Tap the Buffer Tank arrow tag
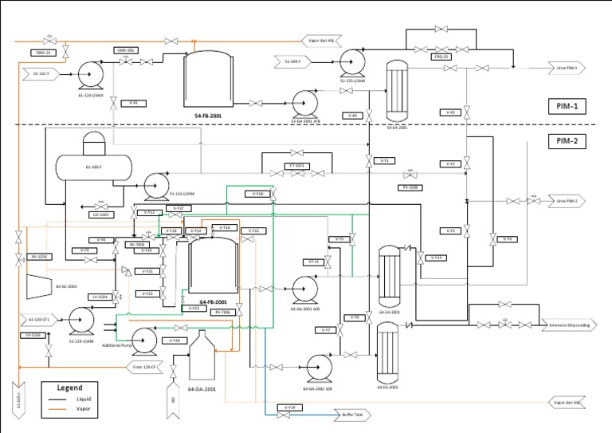[349, 415]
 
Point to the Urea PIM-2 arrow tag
[567, 201]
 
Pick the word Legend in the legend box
[69, 388]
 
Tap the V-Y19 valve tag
[291, 407]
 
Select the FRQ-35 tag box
[441, 57]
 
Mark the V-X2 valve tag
[450, 112]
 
